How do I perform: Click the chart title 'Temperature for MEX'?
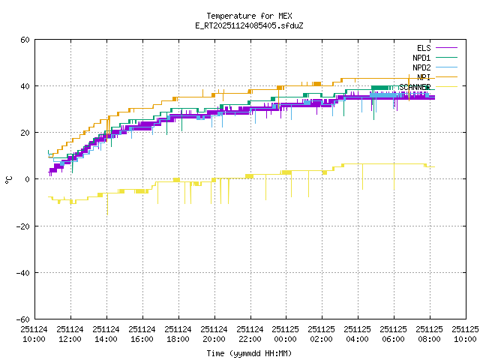point(249,16)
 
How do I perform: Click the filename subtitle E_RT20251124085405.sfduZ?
point(249,25)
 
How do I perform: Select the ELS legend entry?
point(424,48)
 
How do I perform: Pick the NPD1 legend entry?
point(421,58)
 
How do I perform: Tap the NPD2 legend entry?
point(421,67)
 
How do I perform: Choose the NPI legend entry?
point(424,77)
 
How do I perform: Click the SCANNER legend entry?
point(415,87)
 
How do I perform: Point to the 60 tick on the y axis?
point(25,40)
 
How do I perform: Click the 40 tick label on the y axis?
point(25,86)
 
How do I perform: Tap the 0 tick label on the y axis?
point(28,179)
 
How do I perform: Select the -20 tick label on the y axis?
point(23,226)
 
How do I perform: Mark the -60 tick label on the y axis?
point(23,319)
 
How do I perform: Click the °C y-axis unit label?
point(8,179)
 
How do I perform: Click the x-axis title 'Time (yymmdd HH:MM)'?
point(249,353)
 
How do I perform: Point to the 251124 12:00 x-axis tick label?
point(70,333)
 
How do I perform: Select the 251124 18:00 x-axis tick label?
point(178,333)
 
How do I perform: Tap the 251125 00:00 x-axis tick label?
point(285,333)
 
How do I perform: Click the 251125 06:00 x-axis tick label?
point(393,333)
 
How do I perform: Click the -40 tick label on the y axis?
point(23,272)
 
